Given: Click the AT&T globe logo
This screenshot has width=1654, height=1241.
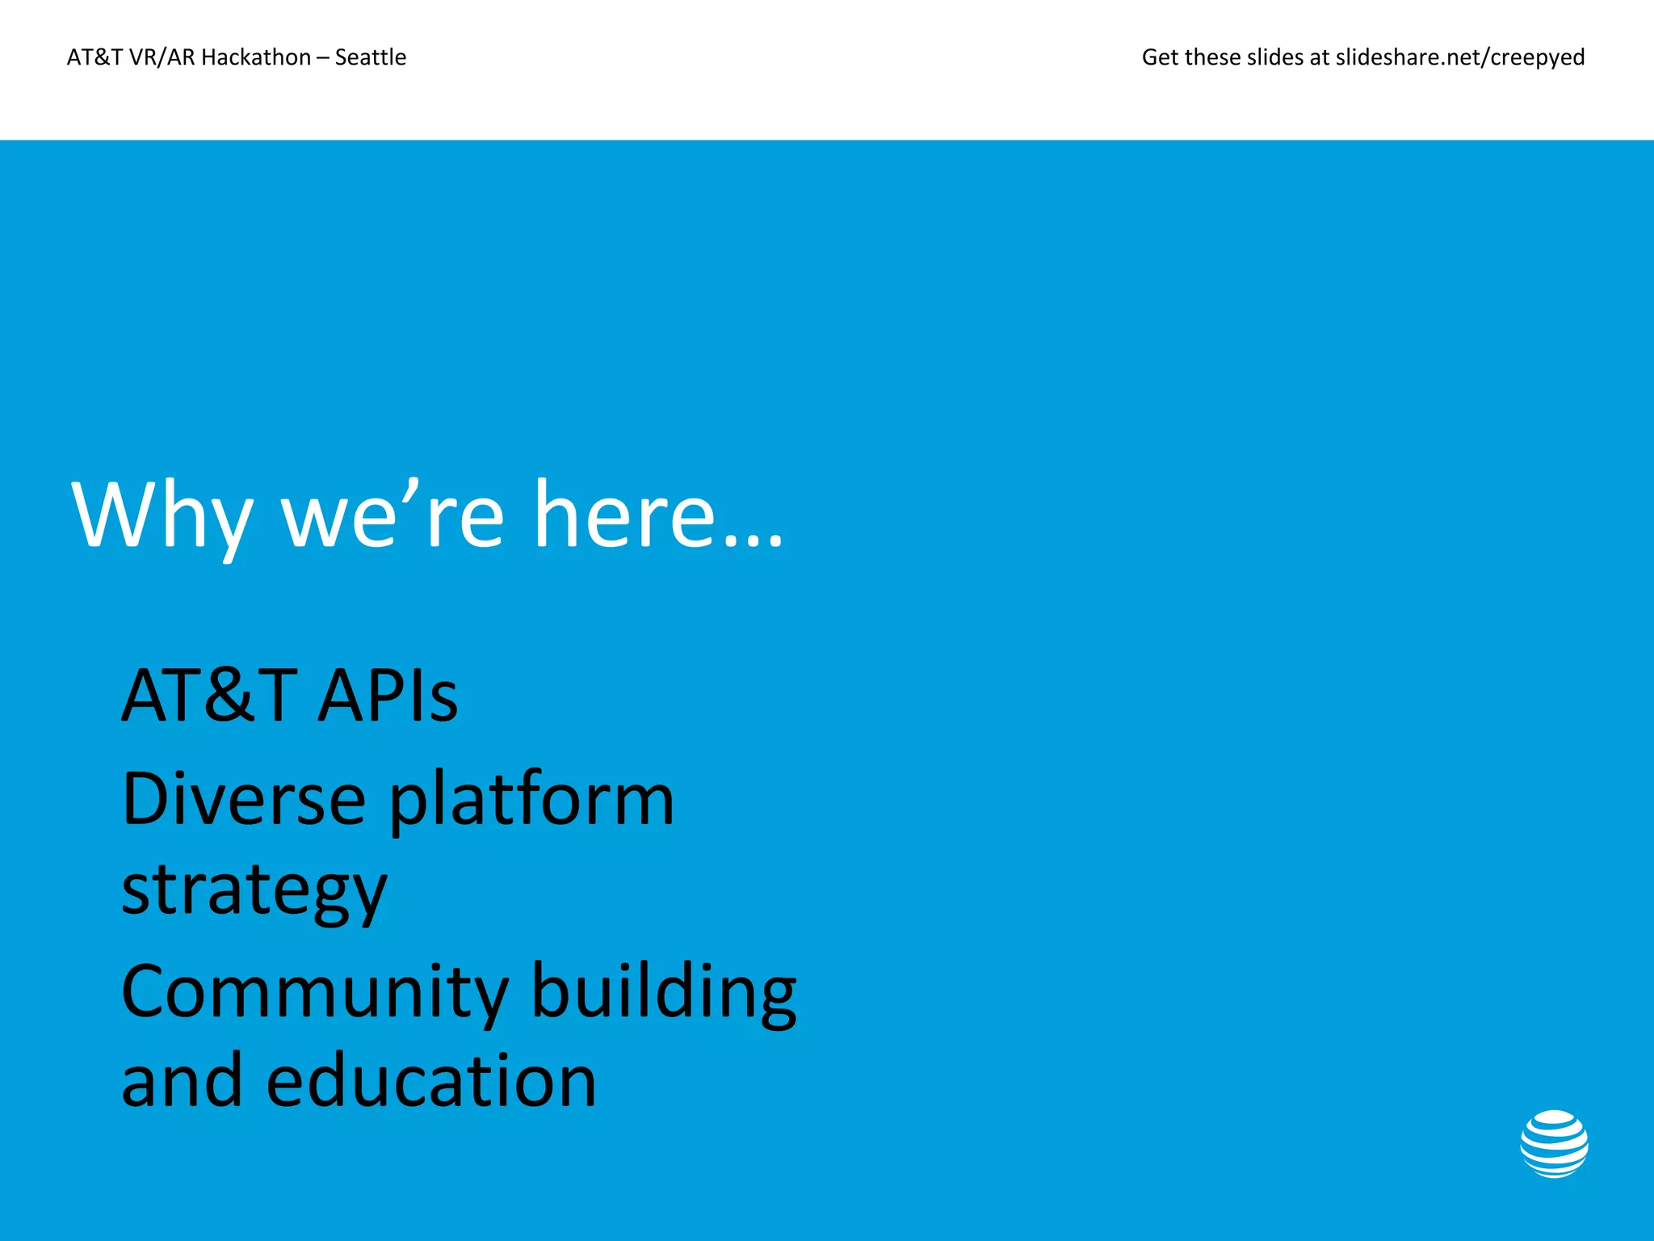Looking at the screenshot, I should point(1553,1143).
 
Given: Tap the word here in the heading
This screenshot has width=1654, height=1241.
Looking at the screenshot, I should point(624,515).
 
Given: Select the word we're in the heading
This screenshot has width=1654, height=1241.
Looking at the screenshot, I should point(393,515).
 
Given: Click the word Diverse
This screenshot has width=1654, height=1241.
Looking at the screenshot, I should point(243,799).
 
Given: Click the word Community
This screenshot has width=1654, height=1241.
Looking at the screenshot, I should point(315,992).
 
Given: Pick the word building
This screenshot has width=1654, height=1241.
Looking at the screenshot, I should point(664,992).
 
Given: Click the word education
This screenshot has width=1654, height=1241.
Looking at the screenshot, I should point(431,1081).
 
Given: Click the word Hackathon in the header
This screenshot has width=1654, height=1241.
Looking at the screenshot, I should point(256,57).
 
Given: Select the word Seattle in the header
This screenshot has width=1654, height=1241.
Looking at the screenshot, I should point(371,57).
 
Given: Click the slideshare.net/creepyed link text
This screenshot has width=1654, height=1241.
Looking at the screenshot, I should point(1460,57).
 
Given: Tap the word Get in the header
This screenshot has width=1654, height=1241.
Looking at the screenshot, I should point(1160,57).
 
